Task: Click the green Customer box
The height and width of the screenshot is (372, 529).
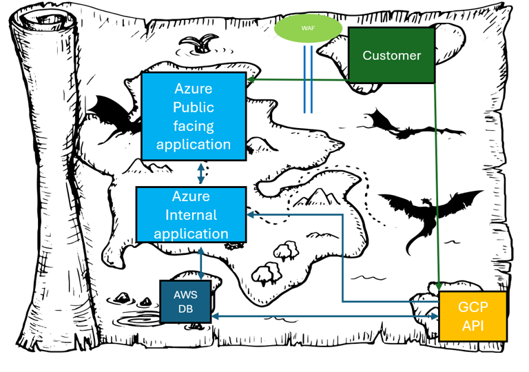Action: [x=391, y=55]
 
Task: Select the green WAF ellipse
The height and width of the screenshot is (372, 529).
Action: [x=308, y=29]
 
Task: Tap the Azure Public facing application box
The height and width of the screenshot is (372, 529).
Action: [x=194, y=116]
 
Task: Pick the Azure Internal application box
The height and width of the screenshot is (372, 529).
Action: [x=191, y=215]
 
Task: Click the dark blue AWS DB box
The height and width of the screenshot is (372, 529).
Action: [x=185, y=301]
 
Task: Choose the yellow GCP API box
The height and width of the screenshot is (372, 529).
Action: [x=473, y=316]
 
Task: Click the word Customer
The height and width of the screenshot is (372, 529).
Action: [x=391, y=55]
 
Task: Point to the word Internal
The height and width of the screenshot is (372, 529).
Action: [x=191, y=215]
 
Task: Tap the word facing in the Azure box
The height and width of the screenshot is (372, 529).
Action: [x=194, y=125]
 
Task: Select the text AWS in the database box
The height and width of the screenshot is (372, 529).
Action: [x=185, y=294]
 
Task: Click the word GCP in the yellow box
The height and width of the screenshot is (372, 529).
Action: [x=473, y=307]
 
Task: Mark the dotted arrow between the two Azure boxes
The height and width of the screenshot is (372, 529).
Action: [x=200, y=173]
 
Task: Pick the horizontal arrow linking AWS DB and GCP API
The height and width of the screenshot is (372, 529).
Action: [x=324, y=316]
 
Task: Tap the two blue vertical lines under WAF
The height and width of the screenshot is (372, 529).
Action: [x=308, y=79]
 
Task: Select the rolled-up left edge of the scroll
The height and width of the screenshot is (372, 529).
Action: [x=52, y=186]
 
